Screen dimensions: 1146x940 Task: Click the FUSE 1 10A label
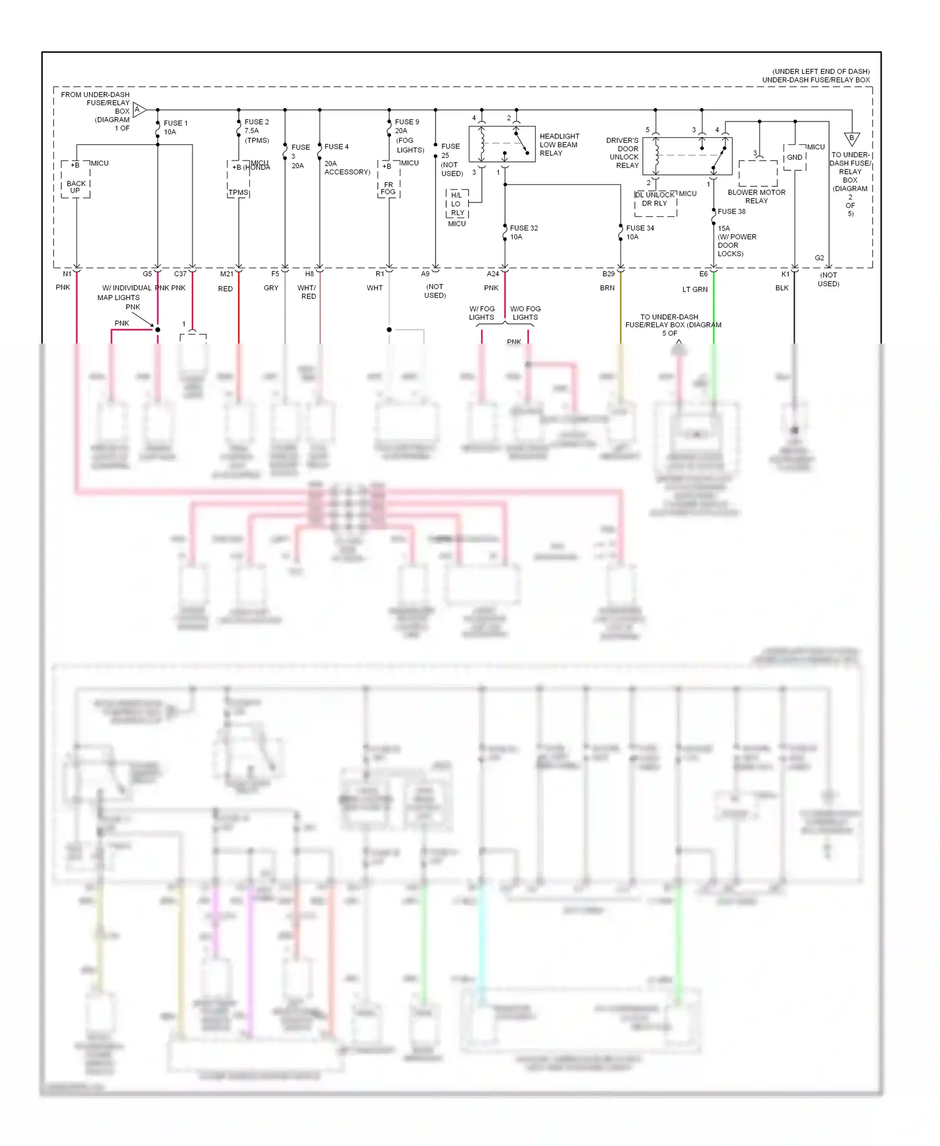click(175, 127)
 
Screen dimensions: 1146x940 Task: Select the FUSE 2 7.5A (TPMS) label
click(256, 131)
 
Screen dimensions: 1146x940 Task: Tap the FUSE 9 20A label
click(406, 126)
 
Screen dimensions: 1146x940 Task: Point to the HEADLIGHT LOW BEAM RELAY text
click(559, 145)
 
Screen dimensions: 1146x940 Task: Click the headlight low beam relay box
click(501, 144)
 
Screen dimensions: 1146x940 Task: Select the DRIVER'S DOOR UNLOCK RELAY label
click(624, 153)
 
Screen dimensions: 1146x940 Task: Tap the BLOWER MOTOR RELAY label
click(756, 196)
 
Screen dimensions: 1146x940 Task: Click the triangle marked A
click(139, 110)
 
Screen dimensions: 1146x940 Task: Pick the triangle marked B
click(851, 139)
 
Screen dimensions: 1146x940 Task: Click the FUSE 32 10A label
click(523, 232)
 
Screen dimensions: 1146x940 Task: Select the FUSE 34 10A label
click(639, 232)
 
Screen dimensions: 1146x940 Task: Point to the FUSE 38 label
click(731, 211)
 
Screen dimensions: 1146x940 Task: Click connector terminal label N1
click(67, 274)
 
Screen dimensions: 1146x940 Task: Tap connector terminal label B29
click(608, 274)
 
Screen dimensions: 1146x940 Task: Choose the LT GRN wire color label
click(694, 290)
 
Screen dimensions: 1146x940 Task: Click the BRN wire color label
click(607, 288)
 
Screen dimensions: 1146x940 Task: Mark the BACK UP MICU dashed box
click(75, 180)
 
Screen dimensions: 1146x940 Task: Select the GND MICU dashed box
click(794, 157)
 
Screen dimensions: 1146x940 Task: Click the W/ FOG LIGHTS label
click(481, 313)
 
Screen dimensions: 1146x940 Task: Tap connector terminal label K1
click(785, 274)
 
